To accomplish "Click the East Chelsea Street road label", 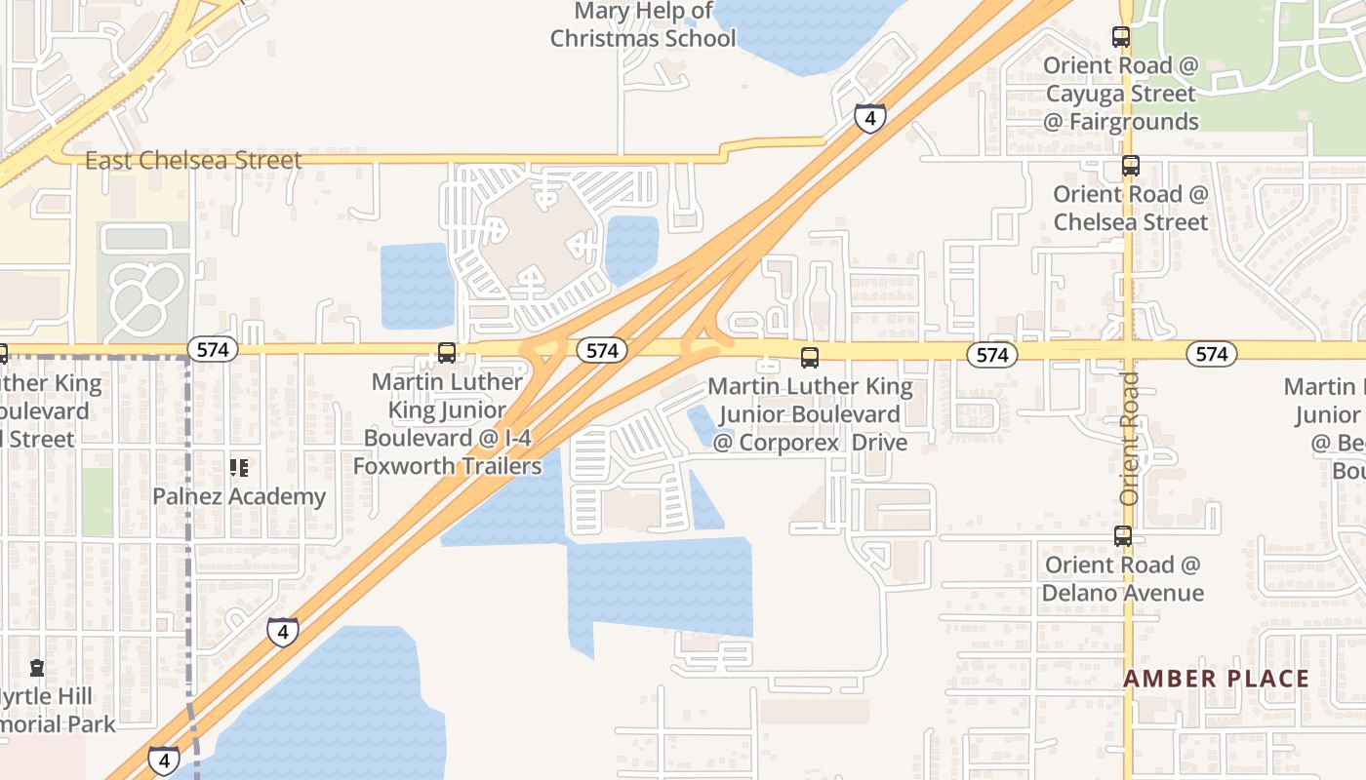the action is [193, 161].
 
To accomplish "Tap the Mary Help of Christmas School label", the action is [643, 25].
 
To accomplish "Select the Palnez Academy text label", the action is [239, 496].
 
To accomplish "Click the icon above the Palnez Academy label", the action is [239, 468].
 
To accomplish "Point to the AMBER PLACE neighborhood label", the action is [1216, 679].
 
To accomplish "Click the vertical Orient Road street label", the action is [1130, 438].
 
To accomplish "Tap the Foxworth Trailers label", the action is [447, 466].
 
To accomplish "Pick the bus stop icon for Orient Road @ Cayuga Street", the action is [1121, 37].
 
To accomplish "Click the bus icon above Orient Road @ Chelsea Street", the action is [1131, 166].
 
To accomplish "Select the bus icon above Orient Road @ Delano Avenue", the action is [1123, 536].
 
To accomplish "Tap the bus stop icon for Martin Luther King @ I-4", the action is [447, 353].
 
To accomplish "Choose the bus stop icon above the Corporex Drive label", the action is [810, 358].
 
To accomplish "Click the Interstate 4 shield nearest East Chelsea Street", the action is [869, 118].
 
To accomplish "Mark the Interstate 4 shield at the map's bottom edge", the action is [164, 760].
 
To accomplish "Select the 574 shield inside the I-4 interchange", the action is [601, 350].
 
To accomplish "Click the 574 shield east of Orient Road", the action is [1212, 354].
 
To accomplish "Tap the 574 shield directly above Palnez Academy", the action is [213, 349].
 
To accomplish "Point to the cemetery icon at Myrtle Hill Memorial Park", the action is [37, 668].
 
